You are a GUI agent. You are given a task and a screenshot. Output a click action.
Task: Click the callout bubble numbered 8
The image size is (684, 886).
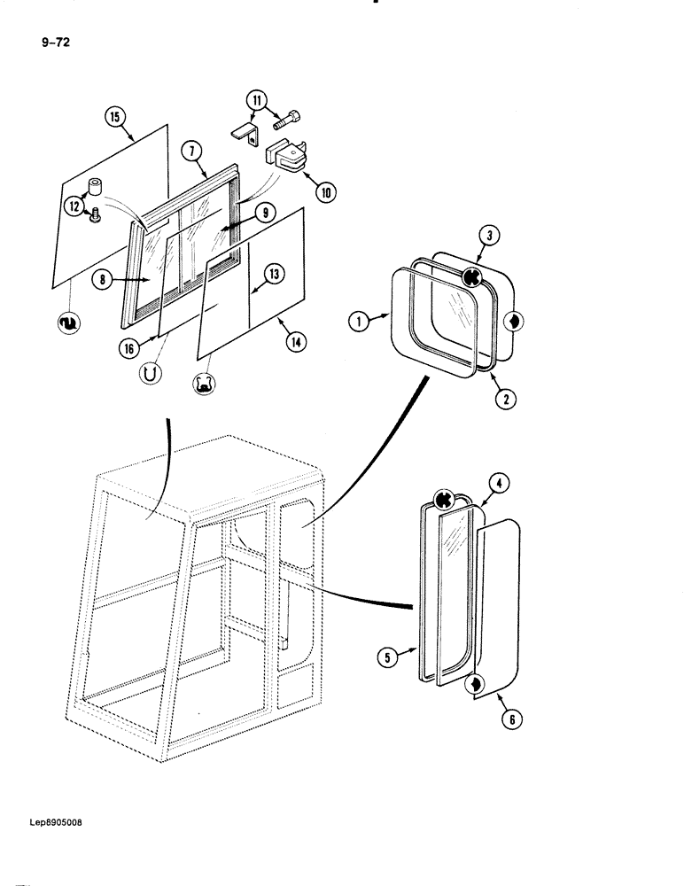105,278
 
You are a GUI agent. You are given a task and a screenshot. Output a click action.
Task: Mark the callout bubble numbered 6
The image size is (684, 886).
509,719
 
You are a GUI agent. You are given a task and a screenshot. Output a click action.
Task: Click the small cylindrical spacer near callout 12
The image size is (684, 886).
95,187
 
